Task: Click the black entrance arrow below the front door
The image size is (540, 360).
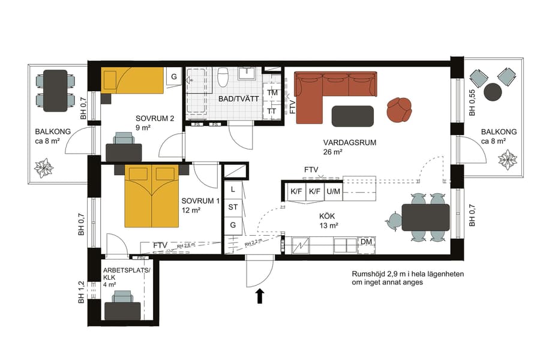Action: pyautogui.click(x=260, y=296)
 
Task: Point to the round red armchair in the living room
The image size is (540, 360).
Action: pyautogui.click(x=400, y=109)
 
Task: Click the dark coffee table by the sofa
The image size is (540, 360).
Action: pyautogui.click(x=352, y=115)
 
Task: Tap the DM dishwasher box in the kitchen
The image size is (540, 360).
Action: pyautogui.click(x=366, y=242)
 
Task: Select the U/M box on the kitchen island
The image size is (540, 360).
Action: pyautogui.click(x=333, y=191)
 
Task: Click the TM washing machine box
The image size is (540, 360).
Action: pyautogui.click(x=272, y=93)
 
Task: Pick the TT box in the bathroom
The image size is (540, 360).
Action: pyautogui.click(x=272, y=112)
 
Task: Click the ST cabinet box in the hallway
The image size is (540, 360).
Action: pyautogui.click(x=233, y=207)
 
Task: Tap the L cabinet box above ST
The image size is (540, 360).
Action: pyautogui.click(x=233, y=189)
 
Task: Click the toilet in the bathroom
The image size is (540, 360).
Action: pyautogui.click(x=223, y=78)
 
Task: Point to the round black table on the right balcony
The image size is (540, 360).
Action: pyautogui.click(x=493, y=91)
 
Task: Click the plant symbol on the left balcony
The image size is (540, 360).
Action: pyautogui.click(x=44, y=167)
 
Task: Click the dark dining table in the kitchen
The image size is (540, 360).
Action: pyautogui.click(x=425, y=217)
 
